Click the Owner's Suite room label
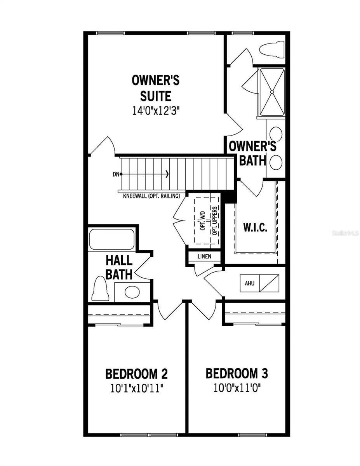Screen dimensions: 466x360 coord(155,88)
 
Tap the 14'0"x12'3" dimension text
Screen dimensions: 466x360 coord(155,110)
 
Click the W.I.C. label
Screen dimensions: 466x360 coord(255,228)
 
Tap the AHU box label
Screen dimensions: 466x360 coord(249,283)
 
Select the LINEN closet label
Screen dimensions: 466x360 coord(204,257)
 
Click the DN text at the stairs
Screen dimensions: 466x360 coord(116,174)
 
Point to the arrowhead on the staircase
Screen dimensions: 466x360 coord(167,174)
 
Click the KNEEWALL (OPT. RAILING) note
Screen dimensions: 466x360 coord(151,196)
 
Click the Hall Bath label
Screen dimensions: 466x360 coord(119,267)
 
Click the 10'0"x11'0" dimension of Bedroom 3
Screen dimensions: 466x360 coord(237,388)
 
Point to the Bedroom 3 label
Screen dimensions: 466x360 coord(237,374)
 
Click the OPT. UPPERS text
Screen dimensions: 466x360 coord(214,220)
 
